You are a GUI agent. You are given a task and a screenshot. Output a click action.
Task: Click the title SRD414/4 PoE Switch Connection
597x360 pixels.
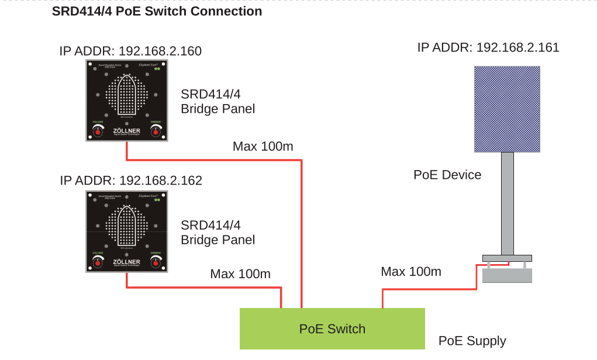coord(157,11)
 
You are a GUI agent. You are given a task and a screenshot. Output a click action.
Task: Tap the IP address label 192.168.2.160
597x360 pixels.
coord(130,51)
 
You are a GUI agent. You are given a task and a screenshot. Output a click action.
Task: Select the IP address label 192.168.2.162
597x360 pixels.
coord(131,181)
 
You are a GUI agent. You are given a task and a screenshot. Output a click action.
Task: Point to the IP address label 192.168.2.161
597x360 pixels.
coord(488,47)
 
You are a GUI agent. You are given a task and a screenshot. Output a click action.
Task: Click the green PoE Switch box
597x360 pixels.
coord(332,328)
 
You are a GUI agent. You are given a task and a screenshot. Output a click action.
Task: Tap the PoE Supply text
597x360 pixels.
coord(472,341)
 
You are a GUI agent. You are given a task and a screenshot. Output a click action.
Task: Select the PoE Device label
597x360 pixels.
coord(447,175)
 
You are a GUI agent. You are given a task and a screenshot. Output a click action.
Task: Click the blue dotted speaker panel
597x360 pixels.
coord(506,109)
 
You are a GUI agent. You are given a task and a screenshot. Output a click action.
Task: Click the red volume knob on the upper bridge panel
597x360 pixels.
coord(97,131)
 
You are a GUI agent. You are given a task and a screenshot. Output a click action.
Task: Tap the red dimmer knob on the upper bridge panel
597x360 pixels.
coord(156,131)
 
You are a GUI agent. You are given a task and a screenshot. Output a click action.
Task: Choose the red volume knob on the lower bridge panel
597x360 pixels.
coord(97,262)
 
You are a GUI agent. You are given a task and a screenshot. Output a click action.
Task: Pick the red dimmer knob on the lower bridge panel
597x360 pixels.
coord(156,262)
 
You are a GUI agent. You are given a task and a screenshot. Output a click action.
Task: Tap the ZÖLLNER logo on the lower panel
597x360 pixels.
coord(126,262)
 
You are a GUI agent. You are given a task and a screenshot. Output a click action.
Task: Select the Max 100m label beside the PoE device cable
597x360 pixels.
coord(411,271)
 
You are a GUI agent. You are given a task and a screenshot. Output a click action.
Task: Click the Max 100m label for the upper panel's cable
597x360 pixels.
coord(263,146)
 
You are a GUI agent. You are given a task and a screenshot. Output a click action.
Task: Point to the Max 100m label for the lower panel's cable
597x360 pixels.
coord(240,274)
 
